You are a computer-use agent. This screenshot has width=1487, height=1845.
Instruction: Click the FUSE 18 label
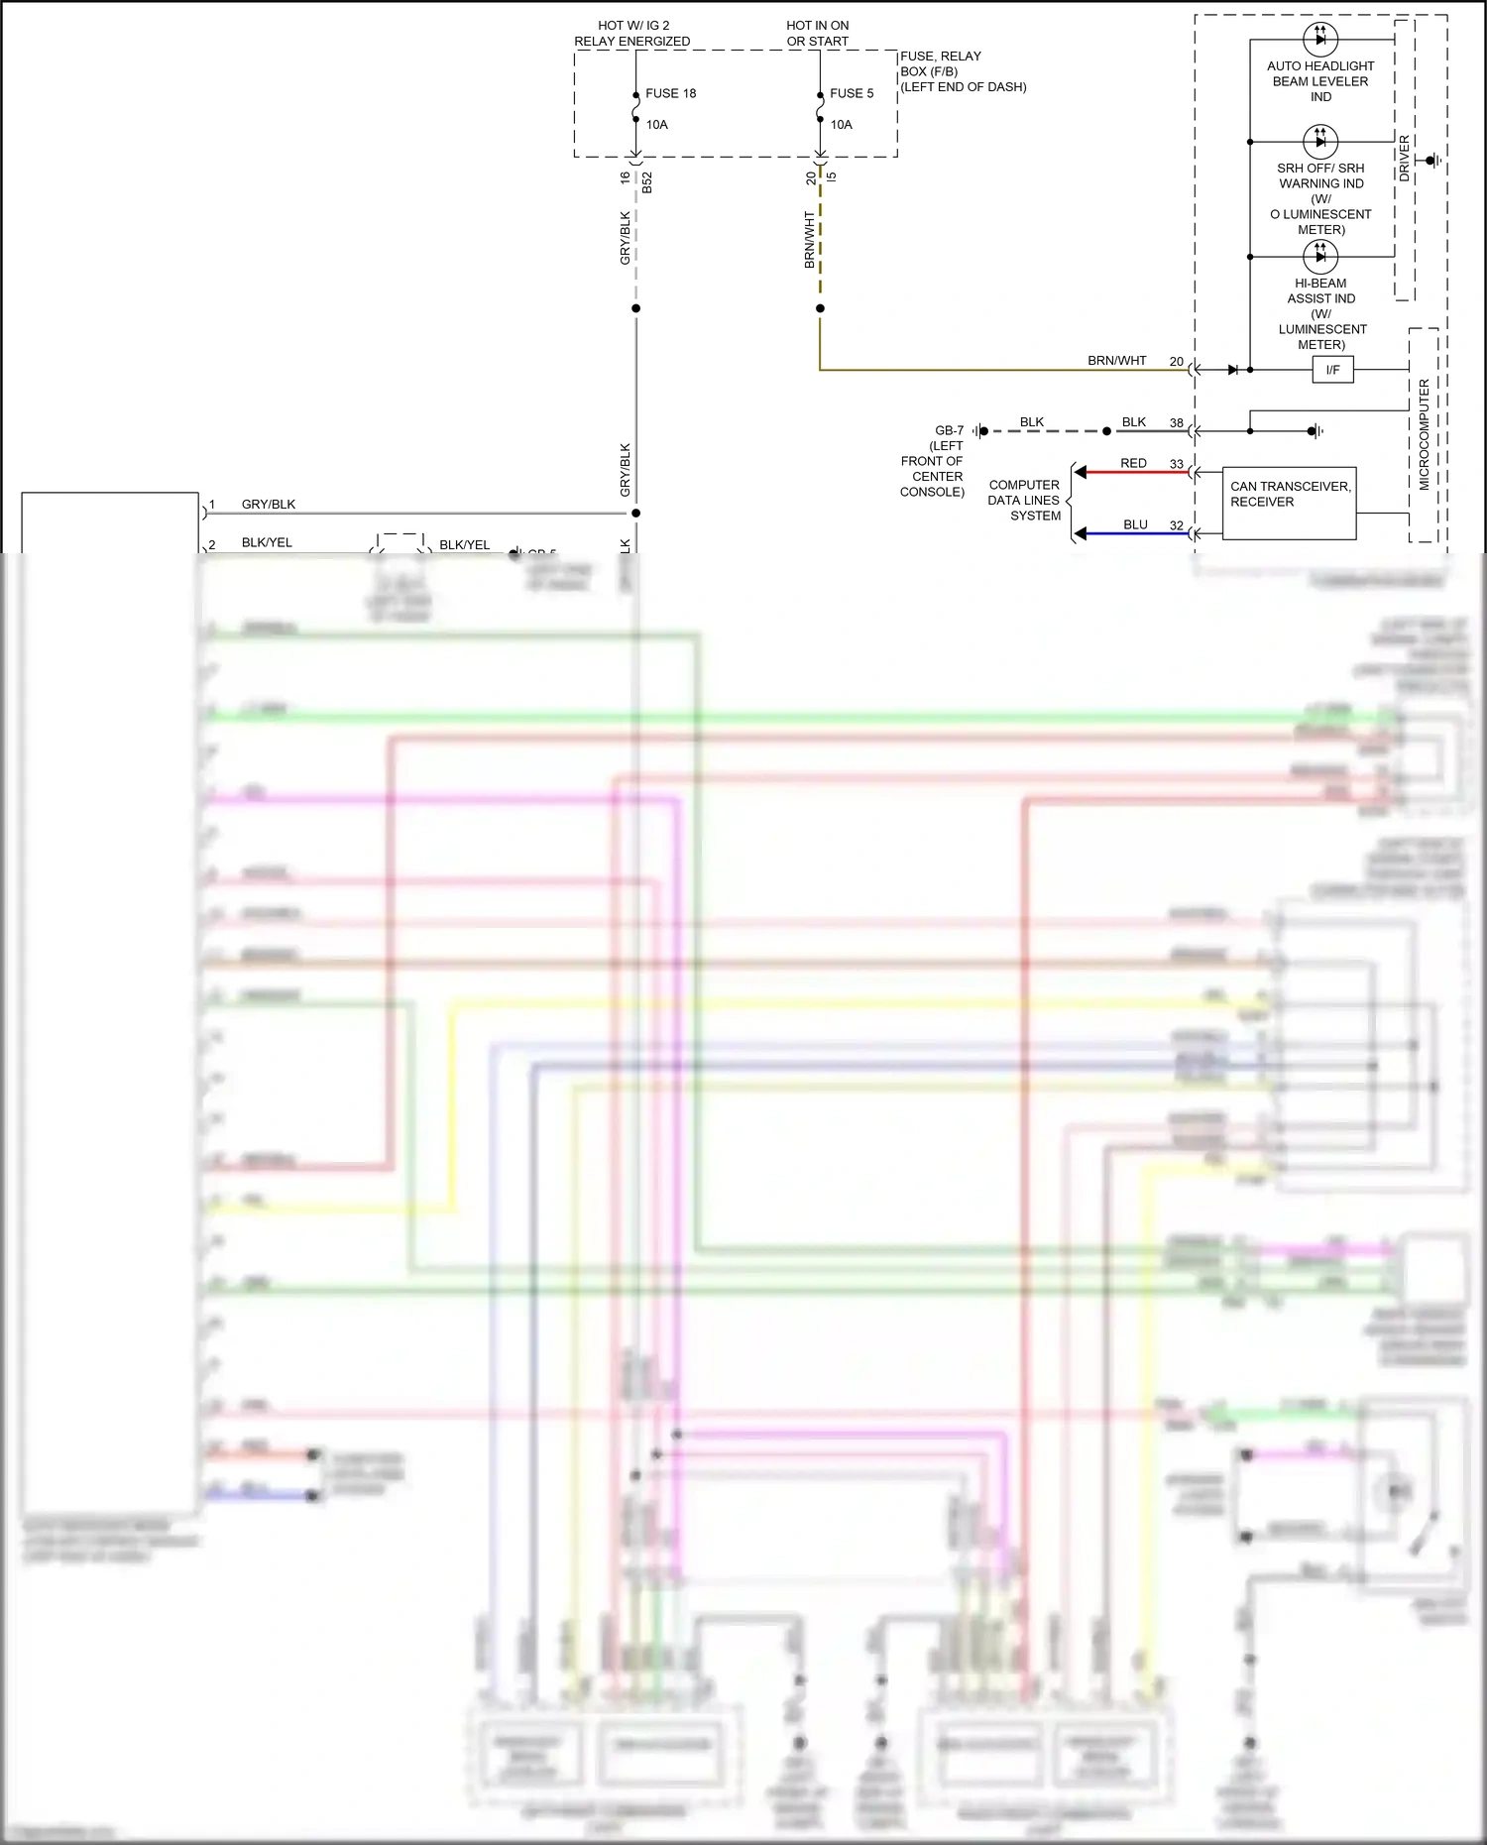point(670,93)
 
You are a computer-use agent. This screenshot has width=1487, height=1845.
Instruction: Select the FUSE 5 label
point(852,93)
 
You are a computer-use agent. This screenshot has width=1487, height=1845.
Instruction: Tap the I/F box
point(1332,370)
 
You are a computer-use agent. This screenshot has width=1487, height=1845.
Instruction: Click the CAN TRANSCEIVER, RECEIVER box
point(1289,503)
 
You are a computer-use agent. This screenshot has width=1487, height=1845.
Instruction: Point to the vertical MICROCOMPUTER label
point(1425,434)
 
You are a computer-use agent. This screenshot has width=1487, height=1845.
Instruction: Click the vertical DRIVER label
point(1405,159)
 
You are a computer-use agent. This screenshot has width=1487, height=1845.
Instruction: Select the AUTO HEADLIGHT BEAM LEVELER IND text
point(1320,81)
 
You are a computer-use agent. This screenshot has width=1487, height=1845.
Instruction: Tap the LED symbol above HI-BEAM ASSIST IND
point(1319,257)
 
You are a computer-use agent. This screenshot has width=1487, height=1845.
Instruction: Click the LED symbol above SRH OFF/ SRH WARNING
point(1319,142)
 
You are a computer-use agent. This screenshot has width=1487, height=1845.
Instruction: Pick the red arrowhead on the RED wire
point(1082,472)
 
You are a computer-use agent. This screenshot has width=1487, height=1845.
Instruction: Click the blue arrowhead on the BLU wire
point(1082,533)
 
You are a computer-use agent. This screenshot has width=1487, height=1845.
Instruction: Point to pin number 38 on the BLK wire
point(1176,423)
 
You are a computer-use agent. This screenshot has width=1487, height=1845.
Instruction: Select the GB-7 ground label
point(949,430)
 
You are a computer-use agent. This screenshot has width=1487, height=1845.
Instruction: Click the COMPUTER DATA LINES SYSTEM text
point(1024,500)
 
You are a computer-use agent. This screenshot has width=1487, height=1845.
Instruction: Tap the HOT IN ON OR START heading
point(818,33)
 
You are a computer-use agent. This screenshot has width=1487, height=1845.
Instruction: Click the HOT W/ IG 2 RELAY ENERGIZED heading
point(632,33)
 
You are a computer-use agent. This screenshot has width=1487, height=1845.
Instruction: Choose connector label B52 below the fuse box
point(647,182)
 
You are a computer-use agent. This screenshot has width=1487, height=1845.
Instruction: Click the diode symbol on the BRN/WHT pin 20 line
point(1232,370)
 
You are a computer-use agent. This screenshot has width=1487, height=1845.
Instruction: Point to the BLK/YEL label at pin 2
point(267,542)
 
